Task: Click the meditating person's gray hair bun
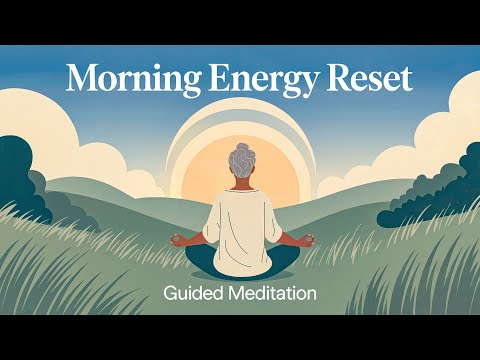(240, 154)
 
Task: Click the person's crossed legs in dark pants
(240, 262)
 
